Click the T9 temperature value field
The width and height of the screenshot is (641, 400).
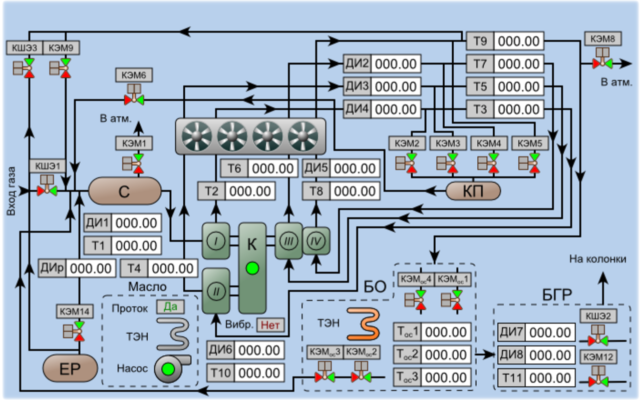click(x=519, y=41)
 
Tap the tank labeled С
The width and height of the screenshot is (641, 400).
click(x=125, y=191)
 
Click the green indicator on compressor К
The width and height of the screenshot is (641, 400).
click(x=252, y=268)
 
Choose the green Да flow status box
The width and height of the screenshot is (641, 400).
click(x=170, y=307)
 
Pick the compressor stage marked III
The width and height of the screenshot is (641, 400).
click(x=288, y=240)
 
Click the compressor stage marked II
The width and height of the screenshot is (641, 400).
click(x=216, y=290)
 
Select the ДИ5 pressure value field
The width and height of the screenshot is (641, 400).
click(x=355, y=168)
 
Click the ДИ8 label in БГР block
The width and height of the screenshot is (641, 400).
click(x=511, y=355)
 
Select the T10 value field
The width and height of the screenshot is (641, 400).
click(x=259, y=372)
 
